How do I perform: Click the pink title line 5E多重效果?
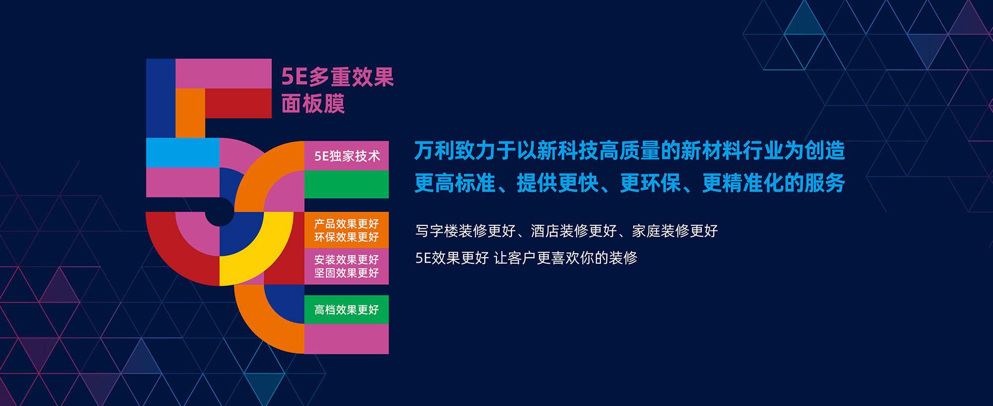[337, 77]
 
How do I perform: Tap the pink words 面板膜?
[313, 104]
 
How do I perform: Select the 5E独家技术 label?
[347, 156]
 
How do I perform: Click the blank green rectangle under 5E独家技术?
[346, 185]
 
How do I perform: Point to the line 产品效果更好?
[346, 224]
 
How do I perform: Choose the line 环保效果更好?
[346, 237]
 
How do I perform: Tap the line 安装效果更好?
[346, 260]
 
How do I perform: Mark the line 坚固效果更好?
[346, 273]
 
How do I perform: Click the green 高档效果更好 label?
[346, 309]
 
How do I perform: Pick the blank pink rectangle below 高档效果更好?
[346, 339]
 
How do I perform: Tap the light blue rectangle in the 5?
[183, 153]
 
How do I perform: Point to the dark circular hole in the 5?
[220, 212]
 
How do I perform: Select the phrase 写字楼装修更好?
[466, 231]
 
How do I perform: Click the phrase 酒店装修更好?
[574, 231]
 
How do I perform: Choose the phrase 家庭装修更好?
[675, 231]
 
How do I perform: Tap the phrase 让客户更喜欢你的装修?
[566, 258]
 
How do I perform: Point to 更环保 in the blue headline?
[651, 183]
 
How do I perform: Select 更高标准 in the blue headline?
[455, 183]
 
